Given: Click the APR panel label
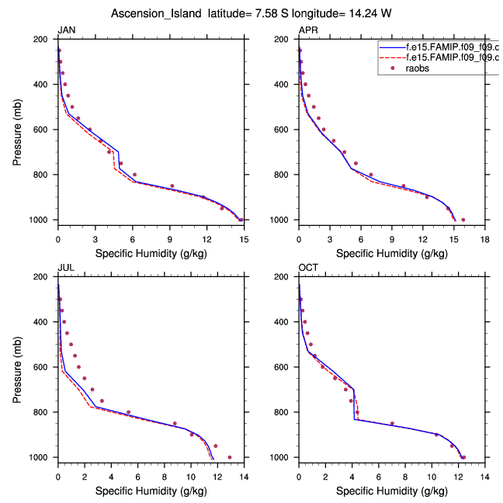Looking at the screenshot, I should click(x=307, y=30).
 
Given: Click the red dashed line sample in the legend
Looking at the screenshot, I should click(x=390, y=57).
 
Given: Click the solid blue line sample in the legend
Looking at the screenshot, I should click(x=390, y=47).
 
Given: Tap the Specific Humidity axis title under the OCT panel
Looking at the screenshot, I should click(x=391, y=491).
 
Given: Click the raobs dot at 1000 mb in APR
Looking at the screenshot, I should click(x=463, y=220).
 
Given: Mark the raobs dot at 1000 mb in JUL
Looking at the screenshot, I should click(x=229, y=457).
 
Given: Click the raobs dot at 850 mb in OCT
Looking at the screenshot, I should click(x=392, y=424).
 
